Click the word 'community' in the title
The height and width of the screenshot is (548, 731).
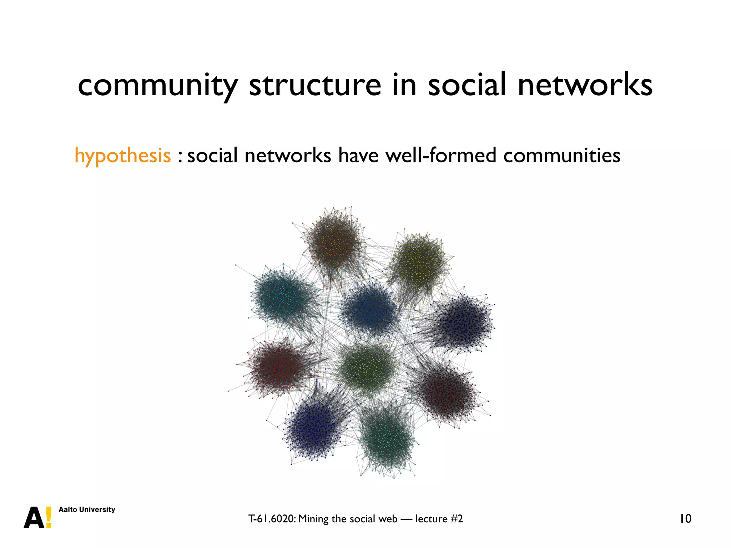coord(157,86)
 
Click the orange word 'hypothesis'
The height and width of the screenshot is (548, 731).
coord(122,156)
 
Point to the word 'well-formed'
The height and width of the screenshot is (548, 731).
coord(441,155)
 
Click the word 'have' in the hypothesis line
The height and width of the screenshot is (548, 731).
coord(358,155)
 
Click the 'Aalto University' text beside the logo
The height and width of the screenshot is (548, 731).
coord(87,509)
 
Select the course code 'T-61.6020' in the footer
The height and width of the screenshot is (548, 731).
coord(272,519)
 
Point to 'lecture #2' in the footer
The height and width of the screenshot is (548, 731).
coord(439,519)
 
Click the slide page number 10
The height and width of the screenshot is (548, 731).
coord(685,518)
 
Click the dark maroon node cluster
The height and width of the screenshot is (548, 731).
coord(446,392)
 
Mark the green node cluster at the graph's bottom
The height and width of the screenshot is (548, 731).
coord(387,437)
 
